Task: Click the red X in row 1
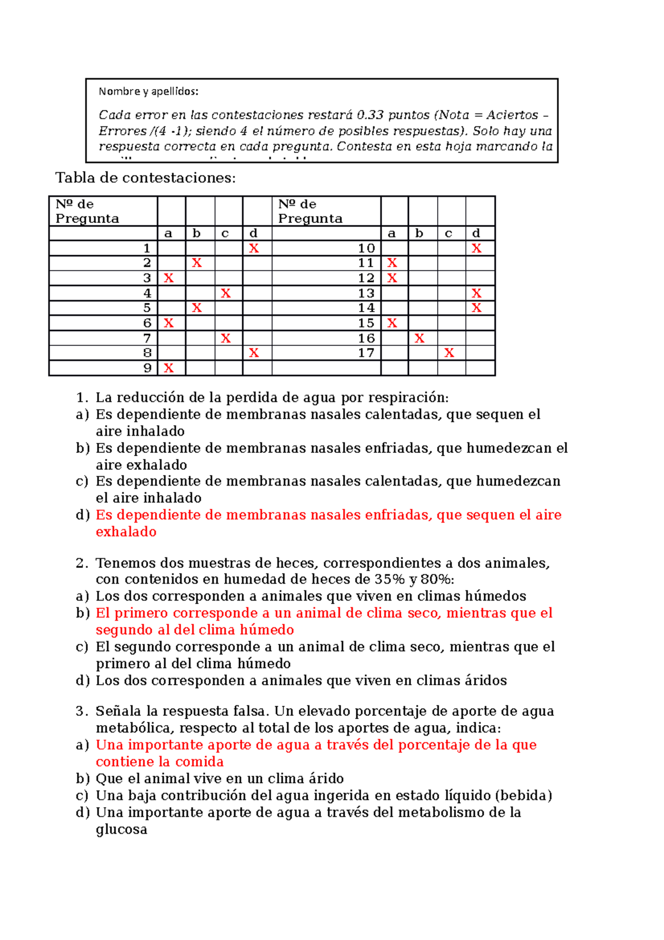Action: [254, 249]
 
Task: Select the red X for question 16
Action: [419, 338]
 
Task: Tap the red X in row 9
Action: [169, 368]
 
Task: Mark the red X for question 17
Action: [449, 353]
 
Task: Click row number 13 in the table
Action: [366, 293]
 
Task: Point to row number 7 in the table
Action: [147, 338]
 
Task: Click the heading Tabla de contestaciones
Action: [146, 178]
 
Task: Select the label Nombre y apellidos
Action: [148, 91]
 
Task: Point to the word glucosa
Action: [121, 829]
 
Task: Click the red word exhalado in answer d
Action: [126, 532]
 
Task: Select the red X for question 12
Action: [392, 278]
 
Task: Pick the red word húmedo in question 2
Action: [267, 630]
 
